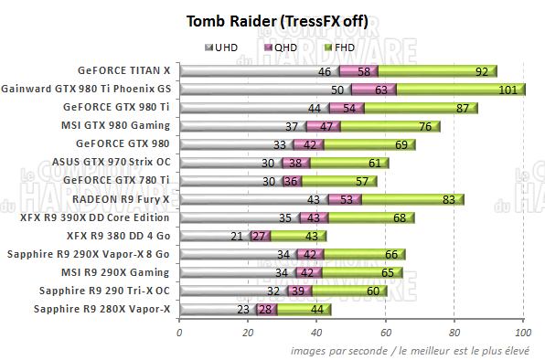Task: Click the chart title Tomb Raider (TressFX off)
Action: point(272,21)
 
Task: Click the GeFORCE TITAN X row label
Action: point(129,70)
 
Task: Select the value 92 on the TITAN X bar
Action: point(481,71)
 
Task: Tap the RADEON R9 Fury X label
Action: point(129,199)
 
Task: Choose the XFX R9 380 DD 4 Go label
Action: point(120,236)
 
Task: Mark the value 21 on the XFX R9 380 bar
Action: point(237,237)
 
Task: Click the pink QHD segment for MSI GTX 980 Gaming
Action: point(324,126)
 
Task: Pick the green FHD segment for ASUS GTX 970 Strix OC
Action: point(350,163)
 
